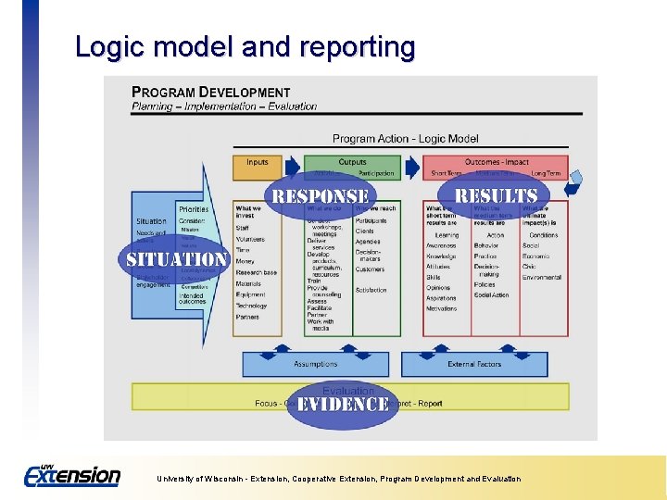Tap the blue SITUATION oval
pyautogui.click(x=175, y=260)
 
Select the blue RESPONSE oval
pyautogui.click(x=320, y=195)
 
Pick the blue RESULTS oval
pyautogui.click(x=496, y=195)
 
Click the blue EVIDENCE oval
pyautogui.click(x=342, y=405)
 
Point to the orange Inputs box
pyautogui.click(x=258, y=163)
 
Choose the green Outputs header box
pyautogui.click(x=352, y=162)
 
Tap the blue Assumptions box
pyautogui.click(x=316, y=365)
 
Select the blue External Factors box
pyautogui.click(x=474, y=365)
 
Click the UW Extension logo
pyautogui.click(x=72, y=475)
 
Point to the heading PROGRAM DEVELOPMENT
pyautogui.click(x=211, y=93)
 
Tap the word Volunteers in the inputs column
pyautogui.click(x=250, y=239)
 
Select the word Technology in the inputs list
pyautogui.click(x=251, y=306)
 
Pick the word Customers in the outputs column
pyautogui.click(x=370, y=269)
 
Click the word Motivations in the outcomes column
pyautogui.click(x=442, y=309)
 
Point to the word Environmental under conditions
pyautogui.click(x=542, y=278)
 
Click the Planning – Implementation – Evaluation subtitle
pyautogui.click(x=224, y=106)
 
